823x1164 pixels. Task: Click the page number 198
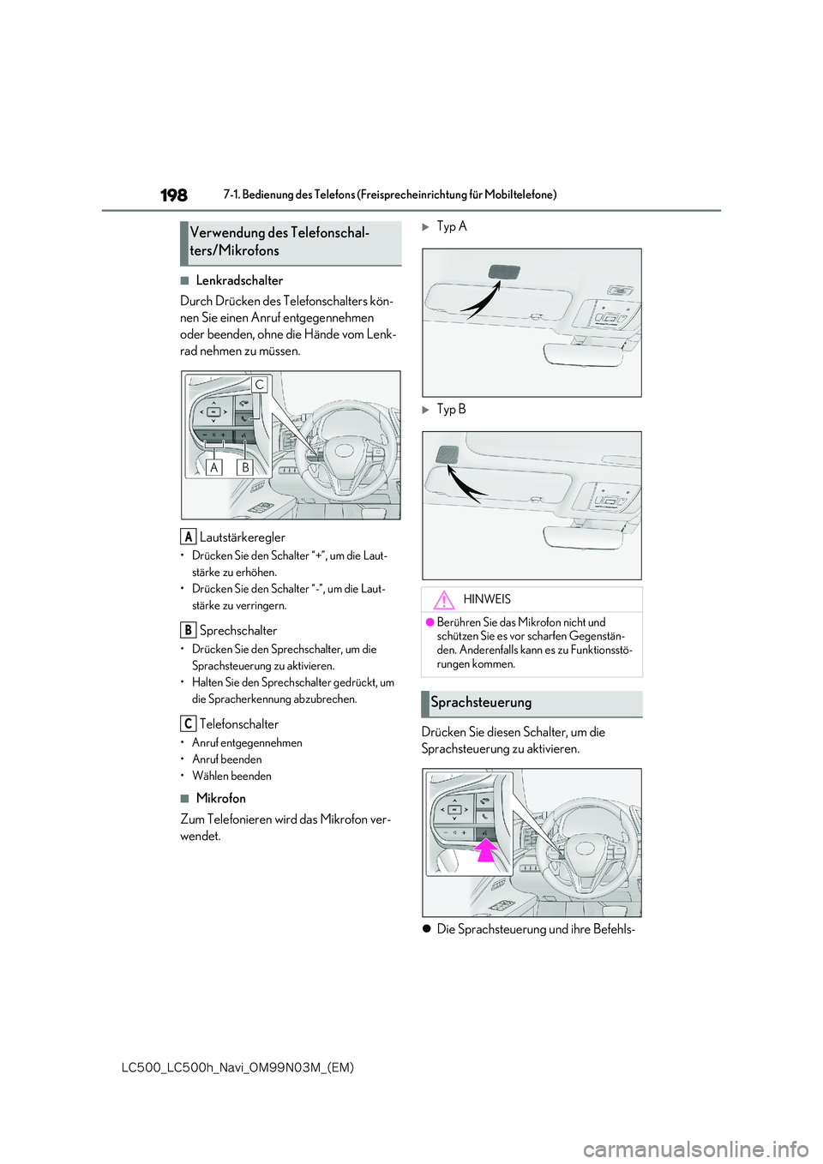point(174,195)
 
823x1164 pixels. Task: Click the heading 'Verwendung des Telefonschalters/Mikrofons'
point(279,242)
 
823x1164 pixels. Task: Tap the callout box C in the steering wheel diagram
point(259,385)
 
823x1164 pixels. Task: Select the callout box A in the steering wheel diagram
point(214,467)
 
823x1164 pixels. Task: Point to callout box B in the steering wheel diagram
point(245,467)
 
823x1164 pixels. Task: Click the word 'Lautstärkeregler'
point(243,537)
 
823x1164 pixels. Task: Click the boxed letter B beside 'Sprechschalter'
point(188,630)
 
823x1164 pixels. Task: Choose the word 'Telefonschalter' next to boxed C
point(239,724)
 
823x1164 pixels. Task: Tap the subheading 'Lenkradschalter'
point(239,280)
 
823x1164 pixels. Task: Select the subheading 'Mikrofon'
point(221,798)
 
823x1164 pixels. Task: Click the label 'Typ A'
point(452,226)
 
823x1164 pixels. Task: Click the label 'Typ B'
point(452,410)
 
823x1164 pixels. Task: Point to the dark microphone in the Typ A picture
point(504,273)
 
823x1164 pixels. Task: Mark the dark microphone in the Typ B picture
point(447,454)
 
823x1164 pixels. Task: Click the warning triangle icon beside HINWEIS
point(443,600)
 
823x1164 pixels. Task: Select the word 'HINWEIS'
point(487,599)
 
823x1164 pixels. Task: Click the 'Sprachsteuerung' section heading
point(481,703)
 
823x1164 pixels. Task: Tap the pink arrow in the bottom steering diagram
point(486,849)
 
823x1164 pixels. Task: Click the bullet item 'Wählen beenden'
point(231,776)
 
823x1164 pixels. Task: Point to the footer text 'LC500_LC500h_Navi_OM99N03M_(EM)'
point(237,1067)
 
